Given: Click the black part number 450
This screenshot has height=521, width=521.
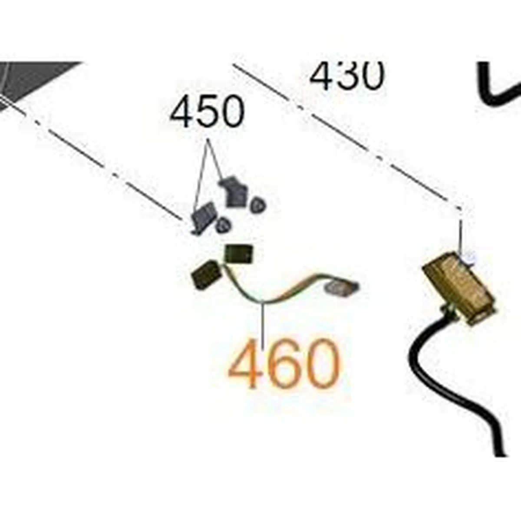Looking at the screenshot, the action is point(207,112).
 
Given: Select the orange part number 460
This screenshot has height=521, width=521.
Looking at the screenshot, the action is point(284,363).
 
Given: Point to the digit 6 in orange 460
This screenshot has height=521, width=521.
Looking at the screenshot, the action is point(284,363).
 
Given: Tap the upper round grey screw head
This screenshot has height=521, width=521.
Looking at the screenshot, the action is point(257,205).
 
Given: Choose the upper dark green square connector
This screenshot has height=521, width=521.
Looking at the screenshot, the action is point(239,254).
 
